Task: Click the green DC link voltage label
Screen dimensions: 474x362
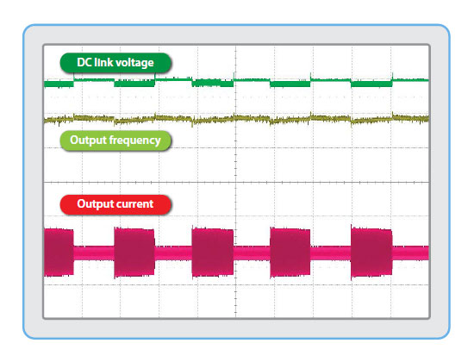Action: point(115,63)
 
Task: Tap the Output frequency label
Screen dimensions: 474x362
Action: point(115,140)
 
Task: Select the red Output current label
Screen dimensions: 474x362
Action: point(115,204)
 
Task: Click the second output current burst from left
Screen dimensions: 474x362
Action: point(134,253)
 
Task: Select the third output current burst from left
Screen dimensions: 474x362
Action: point(213,253)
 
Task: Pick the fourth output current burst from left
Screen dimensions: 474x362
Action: point(290,253)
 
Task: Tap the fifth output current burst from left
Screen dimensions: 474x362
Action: point(371,253)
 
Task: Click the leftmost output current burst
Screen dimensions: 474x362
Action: point(59,253)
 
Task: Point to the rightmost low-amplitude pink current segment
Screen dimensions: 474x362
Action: point(410,253)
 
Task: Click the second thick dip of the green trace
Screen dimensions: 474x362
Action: point(134,83)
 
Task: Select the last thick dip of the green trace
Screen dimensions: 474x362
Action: point(371,83)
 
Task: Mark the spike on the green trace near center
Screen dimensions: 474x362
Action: point(234,76)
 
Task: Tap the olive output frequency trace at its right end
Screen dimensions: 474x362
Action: point(428,119)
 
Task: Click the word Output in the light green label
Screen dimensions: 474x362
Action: point(88,140)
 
